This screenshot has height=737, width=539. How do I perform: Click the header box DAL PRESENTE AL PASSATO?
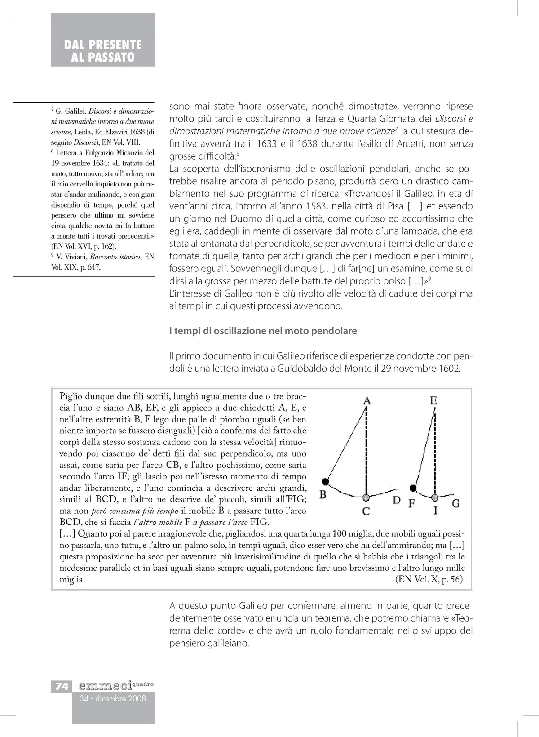103,40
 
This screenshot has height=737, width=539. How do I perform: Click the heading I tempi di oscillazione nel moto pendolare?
263,331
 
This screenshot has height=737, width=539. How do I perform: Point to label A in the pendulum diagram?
367,400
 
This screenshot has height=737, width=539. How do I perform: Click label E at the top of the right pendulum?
433,400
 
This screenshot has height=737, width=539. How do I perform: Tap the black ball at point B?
326,481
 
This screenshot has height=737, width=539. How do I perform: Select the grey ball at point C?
367,497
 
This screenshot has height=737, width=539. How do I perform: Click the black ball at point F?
413,488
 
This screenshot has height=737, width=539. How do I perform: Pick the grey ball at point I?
434,497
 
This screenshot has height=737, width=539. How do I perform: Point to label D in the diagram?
396,500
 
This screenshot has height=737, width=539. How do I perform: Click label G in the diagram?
455,503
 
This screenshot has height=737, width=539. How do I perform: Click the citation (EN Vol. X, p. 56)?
429,579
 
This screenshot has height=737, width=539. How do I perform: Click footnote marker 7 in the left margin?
52,109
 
